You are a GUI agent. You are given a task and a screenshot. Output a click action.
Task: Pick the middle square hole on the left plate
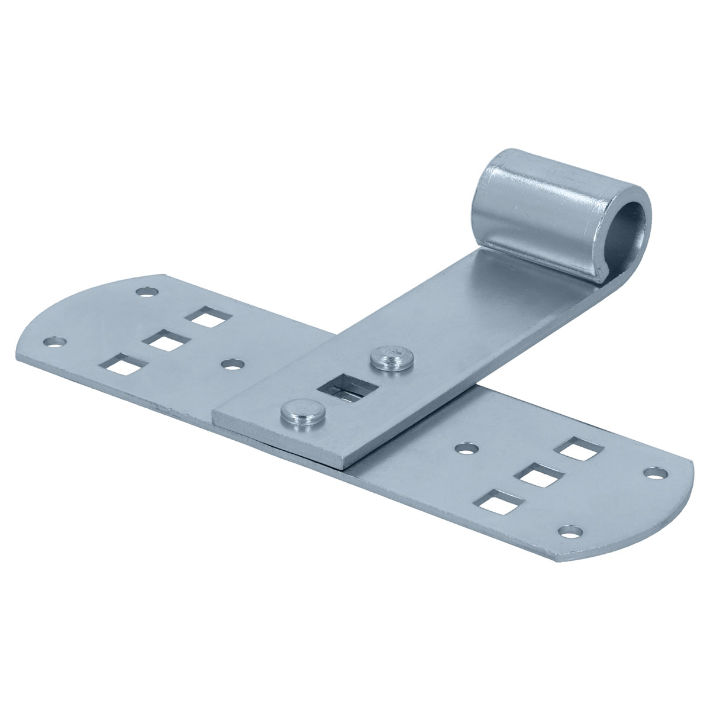[165, 342]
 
